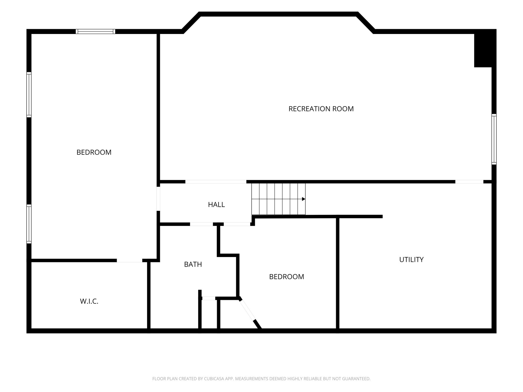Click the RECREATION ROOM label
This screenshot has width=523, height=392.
point(321,109)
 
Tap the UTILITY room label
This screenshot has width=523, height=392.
point(411,260)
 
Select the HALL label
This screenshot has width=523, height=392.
point(216,205)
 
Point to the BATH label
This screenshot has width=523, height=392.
point(193,264)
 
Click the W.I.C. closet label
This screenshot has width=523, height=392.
point(89,301)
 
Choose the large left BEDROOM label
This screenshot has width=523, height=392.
point(94,152)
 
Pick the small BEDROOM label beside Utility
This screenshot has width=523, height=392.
point(287,277)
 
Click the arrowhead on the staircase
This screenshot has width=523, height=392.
point(304,199)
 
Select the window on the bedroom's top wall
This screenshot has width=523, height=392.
point(96,31)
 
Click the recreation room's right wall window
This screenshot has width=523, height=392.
point(494,139)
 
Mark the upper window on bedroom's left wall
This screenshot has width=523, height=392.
point(29,95)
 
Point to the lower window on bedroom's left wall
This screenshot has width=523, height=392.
point(29,224)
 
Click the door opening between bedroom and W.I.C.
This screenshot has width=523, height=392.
point(129,261)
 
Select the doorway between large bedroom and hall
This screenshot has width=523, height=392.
point(158,199)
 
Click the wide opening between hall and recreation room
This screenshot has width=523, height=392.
point(216,182)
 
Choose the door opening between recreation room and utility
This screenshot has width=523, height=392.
point(469,182)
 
